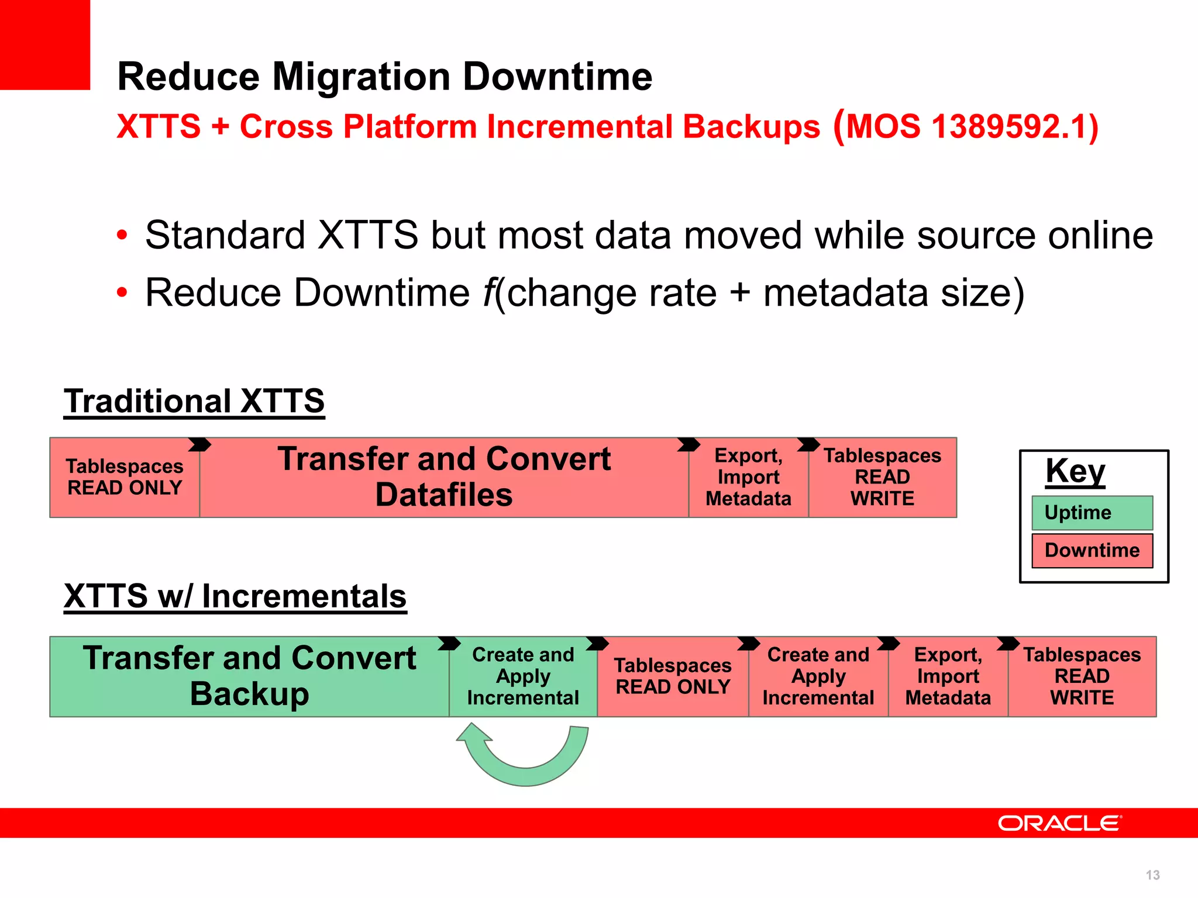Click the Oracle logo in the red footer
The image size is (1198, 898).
pyautogui.click(x=1059, y=823)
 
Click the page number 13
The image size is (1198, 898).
pyautogui.click(x=1152, y=875)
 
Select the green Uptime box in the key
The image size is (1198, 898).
pyautogui.click(x=1092, y=513)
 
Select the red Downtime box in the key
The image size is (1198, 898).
pyautogui.click(x=1092, y=550)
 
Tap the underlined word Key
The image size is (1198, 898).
pyautogui.click(x=1075, y=471)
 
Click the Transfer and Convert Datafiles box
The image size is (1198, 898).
pyautogui.click(x=443, y=477)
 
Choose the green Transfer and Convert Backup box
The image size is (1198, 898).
pyautogui.click(x=249, y=676)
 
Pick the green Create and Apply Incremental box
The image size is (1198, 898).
pyautogui.click(x=522, y=676)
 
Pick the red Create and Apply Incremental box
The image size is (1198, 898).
pyautogui.click(x=818, y=676)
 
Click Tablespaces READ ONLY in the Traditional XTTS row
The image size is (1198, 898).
pyautogui.click(x=125, y=477)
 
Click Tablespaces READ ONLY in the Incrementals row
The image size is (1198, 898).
pyautogui.click(x=673, y=676)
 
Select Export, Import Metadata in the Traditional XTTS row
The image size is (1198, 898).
pyautogui.click(x=748, y=477)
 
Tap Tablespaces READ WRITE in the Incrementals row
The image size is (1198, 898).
pyautogui.click(x=1082, y=676)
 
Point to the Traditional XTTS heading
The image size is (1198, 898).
pyautogui.click(x=194, y=402)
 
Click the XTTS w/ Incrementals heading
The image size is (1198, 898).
pyautogui.click(x=235, y=597)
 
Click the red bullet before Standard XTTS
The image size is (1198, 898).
pyautogui.click(x=122, y=236)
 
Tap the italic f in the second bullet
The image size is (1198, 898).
pyautogui.click(x=488, y=292)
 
